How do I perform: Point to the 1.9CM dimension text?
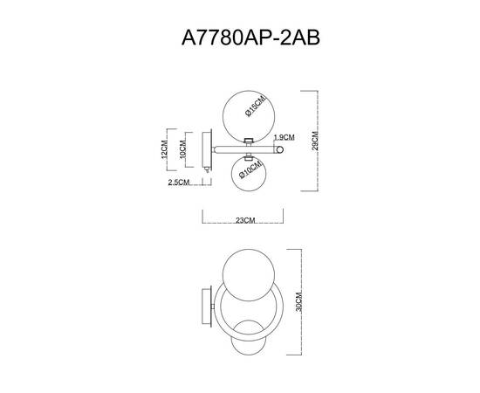click(285, 138)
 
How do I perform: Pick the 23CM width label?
click(245, 221)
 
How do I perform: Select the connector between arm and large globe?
click(248, 140)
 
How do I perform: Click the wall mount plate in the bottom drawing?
click(207, 307)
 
